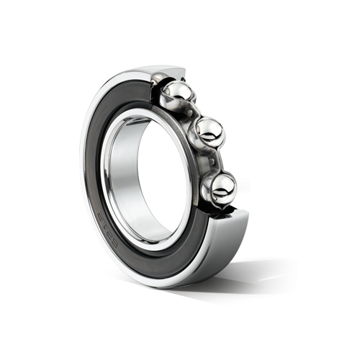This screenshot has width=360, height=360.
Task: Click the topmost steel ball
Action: click(x=175, y=92)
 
